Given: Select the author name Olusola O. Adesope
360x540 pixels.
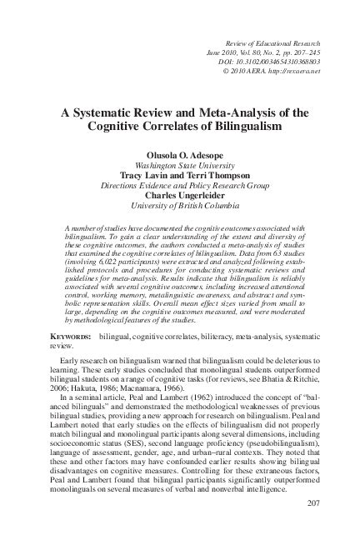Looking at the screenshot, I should coord(180,156).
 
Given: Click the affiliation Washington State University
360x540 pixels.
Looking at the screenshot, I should coord(180,166).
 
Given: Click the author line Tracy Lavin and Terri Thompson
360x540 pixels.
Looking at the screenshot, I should coord(180,176).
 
